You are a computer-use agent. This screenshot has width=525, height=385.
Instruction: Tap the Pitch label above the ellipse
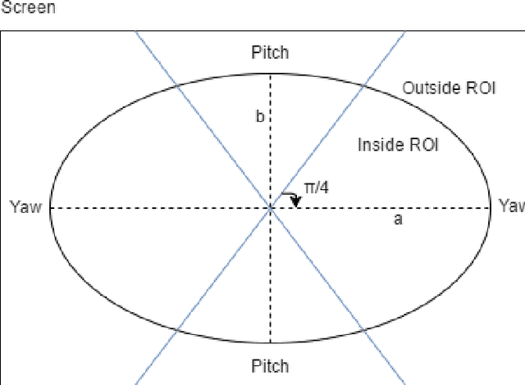coord(270,53)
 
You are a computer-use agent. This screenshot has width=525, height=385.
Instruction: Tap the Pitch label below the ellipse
coord(270,365)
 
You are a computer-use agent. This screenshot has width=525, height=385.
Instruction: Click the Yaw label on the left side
coord(25,206)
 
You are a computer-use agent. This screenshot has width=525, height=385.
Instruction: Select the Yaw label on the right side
coord(511,206)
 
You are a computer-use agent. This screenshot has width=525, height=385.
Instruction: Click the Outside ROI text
coord(449,88)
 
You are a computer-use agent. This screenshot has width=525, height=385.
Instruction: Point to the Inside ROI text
coord(398,145)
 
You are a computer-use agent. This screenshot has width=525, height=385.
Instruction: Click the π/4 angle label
coord(317,188)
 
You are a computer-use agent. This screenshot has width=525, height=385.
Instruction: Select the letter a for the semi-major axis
coord(398,220)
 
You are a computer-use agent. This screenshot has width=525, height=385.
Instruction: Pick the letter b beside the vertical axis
coord(259,116)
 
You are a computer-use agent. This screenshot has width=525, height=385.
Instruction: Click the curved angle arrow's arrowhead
coord(295,202)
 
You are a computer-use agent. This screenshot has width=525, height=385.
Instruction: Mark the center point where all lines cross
coord(271,208)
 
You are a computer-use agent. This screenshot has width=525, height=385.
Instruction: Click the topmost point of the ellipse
coord(271,74)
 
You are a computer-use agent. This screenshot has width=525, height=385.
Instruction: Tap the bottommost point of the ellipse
coord(271,342)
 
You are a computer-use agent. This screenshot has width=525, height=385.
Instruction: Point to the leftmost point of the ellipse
coord(51,208)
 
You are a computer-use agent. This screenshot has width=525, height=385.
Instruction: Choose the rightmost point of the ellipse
coord(491,208)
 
